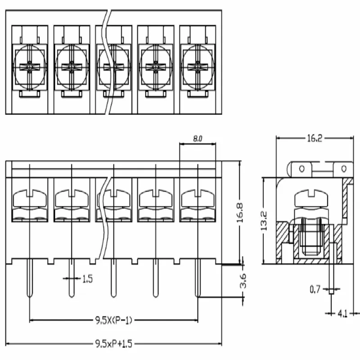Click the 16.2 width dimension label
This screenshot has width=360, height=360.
[x=315, y=138]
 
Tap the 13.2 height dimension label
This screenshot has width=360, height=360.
[x=264, y=220]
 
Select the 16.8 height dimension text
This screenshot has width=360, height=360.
[x=240, y=213]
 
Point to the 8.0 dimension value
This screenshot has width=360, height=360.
[x=198, y=139]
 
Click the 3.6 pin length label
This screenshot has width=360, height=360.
[x=243, y=280]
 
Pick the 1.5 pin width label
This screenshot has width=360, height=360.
[x=87, y=279]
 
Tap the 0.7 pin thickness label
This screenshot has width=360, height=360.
[x=315, y=289]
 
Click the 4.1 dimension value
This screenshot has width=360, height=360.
[x=342, y=314]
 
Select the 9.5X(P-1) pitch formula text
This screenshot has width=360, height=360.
[x=114, y=320]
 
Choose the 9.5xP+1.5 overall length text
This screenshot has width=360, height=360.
[x=114, y=344]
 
